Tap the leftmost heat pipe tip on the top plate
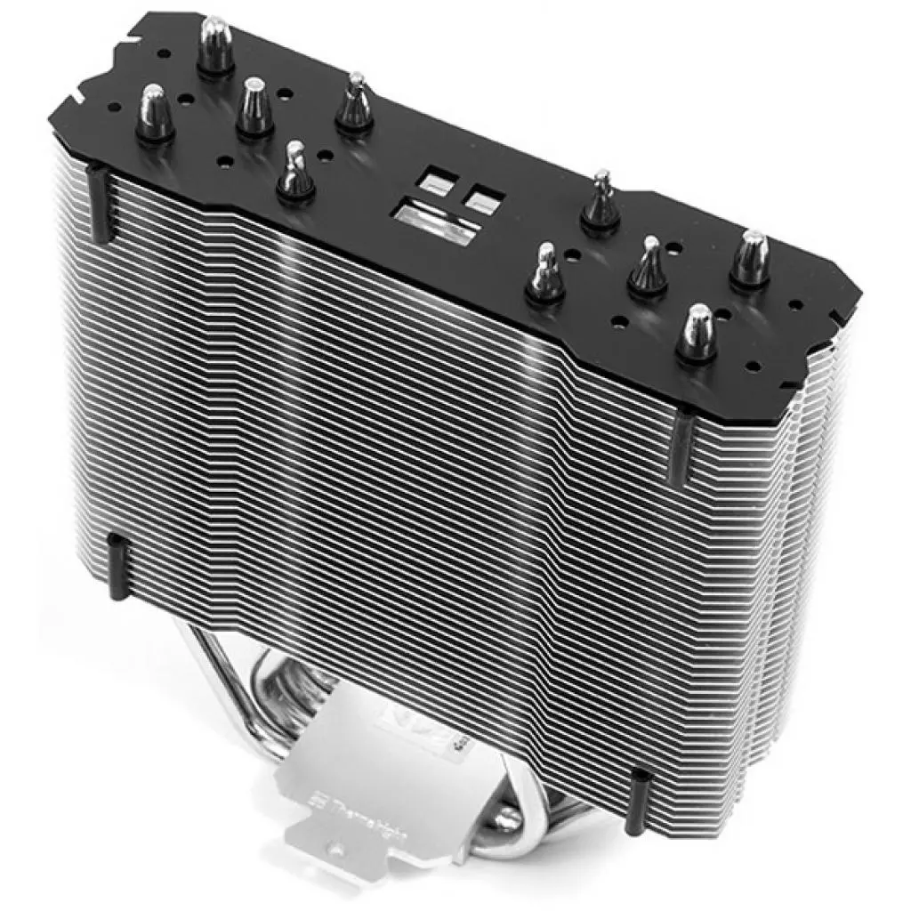(154, 112)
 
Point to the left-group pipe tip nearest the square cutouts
(353, 106)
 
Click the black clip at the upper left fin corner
(98, 206)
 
